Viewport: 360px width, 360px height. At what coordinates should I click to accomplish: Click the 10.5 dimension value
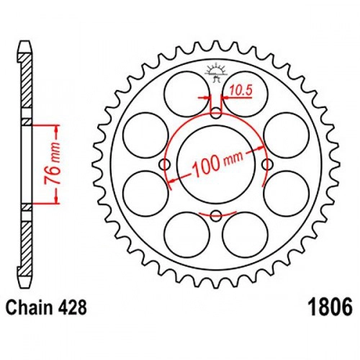click(240, 91)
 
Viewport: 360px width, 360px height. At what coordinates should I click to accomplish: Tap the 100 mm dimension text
click(217, 164)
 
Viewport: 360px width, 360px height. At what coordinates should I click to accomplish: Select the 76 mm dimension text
click(53, 163)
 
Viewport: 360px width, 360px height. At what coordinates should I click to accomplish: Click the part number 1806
click(330, 307)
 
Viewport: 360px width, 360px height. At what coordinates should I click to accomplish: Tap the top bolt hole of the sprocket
click(216, 113)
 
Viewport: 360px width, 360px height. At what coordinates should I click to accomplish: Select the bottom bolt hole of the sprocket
click(216, 216)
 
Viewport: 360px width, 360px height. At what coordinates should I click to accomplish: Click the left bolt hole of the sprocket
click(165, 164)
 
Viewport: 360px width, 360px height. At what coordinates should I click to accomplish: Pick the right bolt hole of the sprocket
click(267, 164)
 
